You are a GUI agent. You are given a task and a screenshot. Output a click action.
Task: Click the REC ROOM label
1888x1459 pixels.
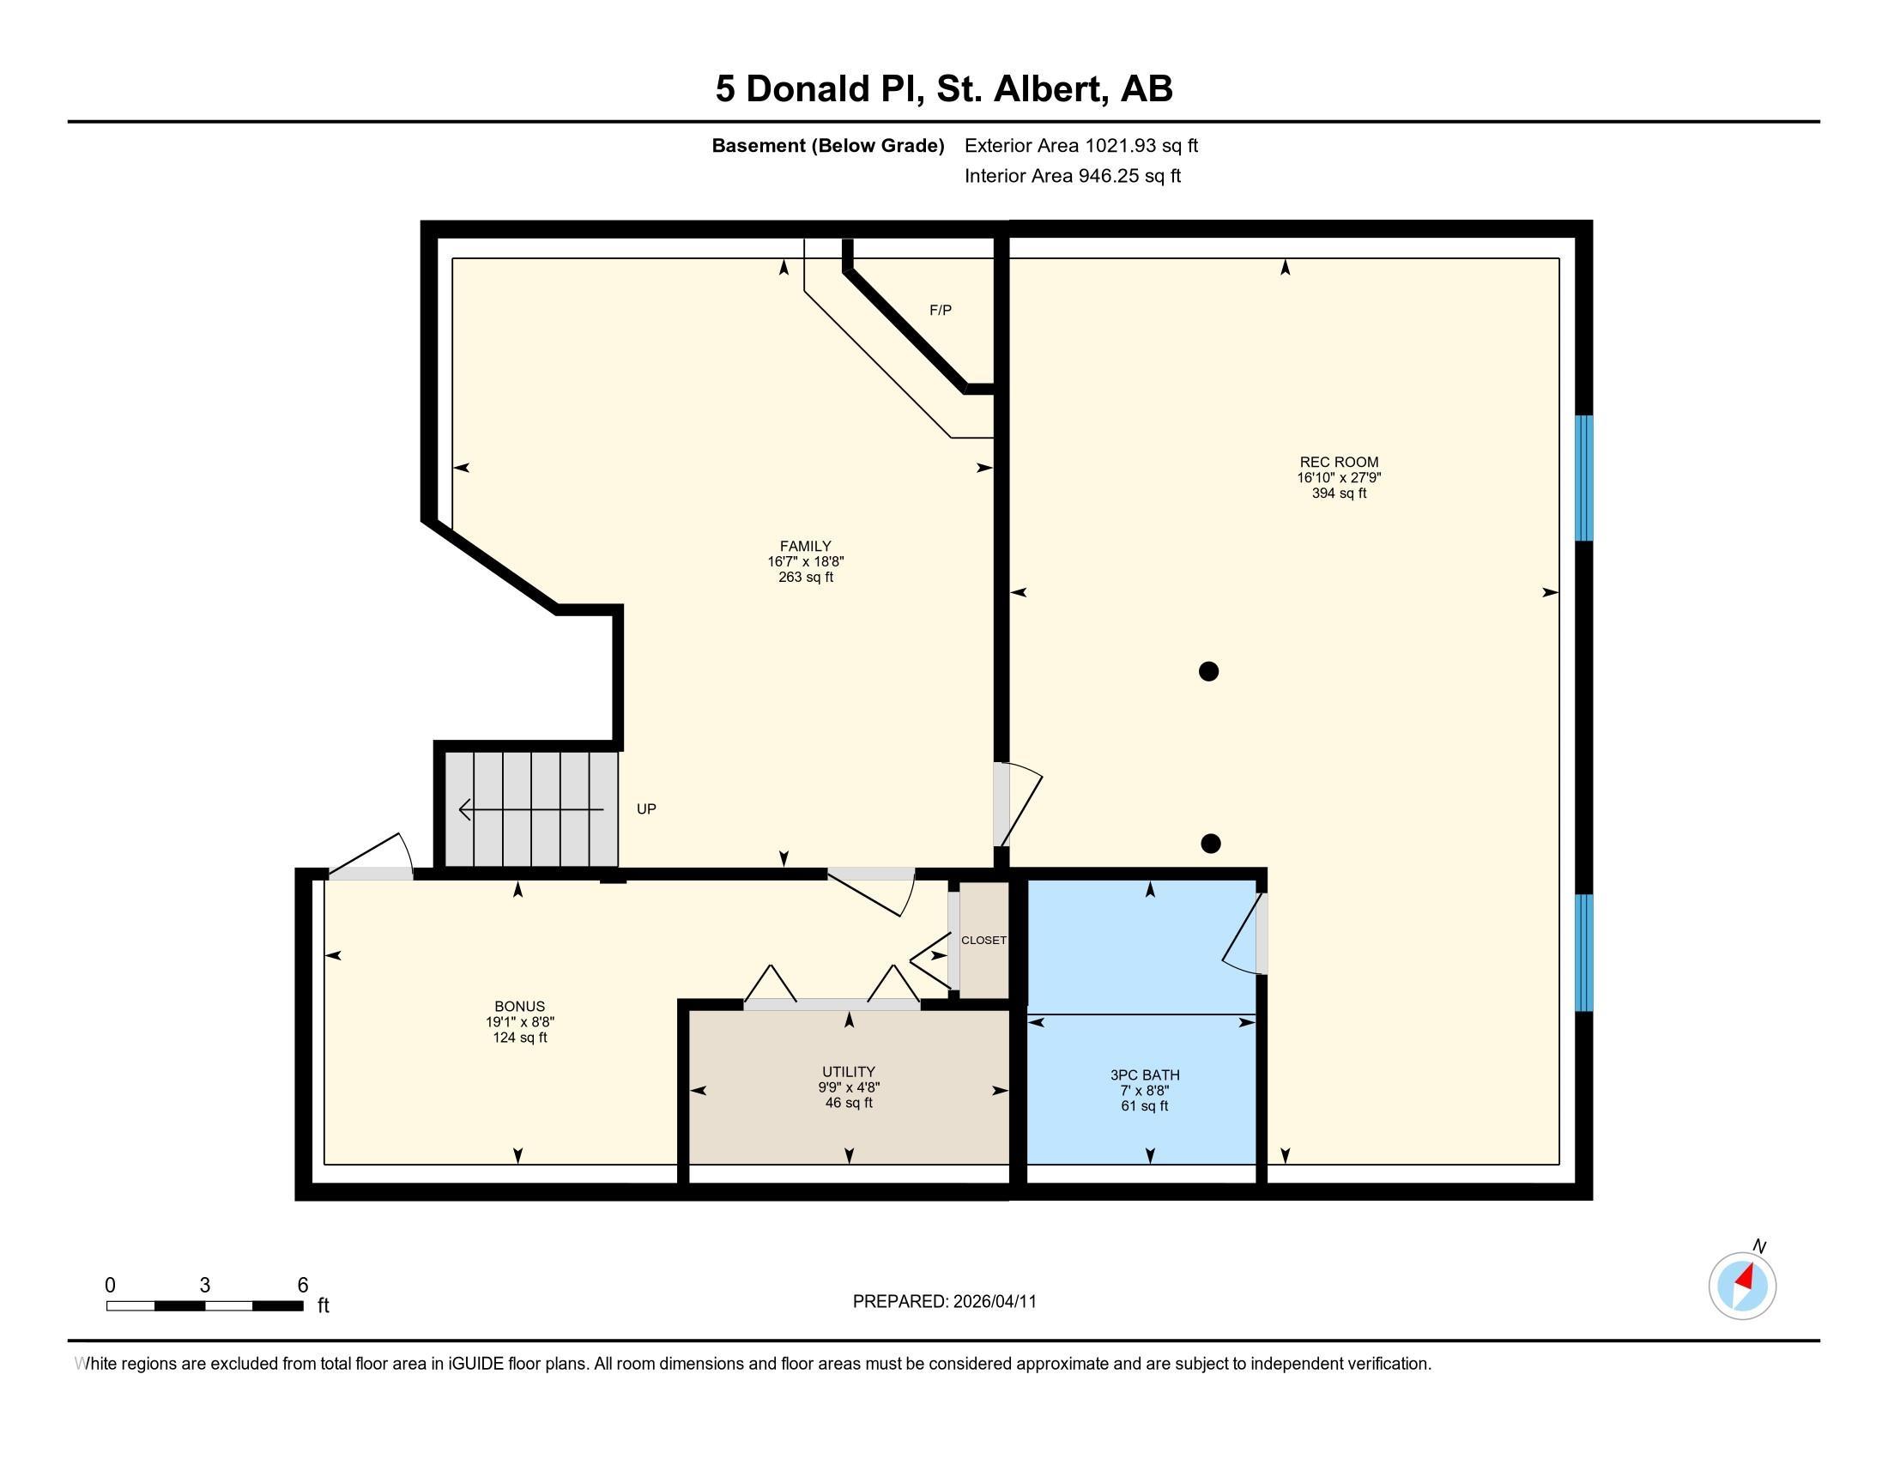[1338, 462]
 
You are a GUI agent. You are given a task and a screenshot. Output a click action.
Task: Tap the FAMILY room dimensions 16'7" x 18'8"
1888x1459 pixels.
[805, 562]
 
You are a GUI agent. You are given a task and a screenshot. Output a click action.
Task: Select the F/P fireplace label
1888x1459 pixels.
[941, 311]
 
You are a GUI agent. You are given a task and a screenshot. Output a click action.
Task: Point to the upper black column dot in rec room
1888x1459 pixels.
[1208, 671]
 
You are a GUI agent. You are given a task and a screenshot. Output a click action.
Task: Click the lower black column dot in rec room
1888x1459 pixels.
[1210, 844]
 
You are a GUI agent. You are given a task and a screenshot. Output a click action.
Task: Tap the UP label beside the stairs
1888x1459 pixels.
[645, 809]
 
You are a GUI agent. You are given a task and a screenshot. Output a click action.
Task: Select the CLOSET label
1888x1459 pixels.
[983, 941]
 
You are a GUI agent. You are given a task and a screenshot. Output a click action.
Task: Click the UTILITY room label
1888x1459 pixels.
[848, 1072]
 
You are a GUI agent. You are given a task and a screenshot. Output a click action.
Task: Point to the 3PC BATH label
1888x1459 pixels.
[1145, 1075]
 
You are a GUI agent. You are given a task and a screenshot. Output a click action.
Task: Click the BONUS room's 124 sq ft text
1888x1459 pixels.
[519, 1038]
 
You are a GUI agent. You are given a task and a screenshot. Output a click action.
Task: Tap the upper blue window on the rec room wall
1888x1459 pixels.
[1582, 478]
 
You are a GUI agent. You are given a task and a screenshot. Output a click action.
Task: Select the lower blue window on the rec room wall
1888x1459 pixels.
[1582, 953]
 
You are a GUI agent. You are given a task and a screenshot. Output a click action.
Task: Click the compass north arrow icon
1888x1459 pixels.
[1742, 1286]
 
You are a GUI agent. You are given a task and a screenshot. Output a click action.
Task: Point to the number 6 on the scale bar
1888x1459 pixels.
[303, 1286]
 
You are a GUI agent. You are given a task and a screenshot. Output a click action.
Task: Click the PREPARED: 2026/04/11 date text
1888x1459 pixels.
[944, 1302]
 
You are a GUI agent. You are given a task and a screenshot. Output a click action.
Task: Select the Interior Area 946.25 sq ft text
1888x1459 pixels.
[1072, 176]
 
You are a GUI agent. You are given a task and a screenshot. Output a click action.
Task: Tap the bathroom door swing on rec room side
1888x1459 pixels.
[1244, 935]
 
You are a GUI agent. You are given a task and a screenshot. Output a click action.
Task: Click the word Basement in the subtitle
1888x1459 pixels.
[757, 146]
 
